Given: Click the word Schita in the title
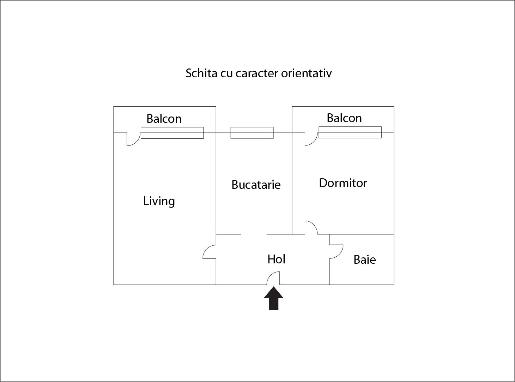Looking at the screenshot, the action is pos(201,73).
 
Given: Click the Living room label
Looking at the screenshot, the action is pos(159,201).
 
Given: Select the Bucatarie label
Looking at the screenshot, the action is pos(256,185).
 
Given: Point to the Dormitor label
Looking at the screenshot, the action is pos(343,183).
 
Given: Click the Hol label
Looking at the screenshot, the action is pos(276,259).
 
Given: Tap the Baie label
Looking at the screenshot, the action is pos(364,260).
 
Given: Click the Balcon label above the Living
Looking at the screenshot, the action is pos(164,119).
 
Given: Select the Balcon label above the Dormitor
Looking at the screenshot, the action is pos(344,118).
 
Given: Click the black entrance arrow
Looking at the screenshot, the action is pos(273,298).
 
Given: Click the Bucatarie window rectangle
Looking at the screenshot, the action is pos(252,133).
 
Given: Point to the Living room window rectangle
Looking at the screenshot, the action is pos(172,133).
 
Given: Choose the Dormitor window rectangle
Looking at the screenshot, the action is pos(350,132).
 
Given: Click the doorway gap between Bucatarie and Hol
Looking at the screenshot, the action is pos(254,234).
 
